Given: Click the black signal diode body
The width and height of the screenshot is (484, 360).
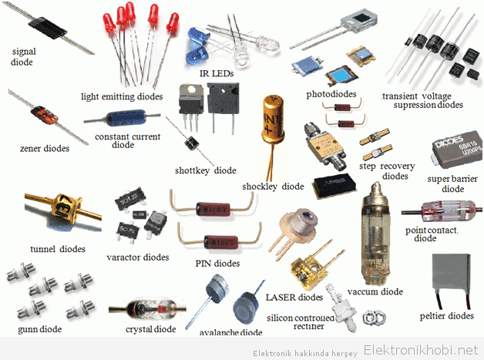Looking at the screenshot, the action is pos(48,28).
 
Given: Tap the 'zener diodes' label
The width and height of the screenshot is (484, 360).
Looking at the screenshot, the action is pos(45,149).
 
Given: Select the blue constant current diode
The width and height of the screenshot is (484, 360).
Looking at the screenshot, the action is pos(126,118).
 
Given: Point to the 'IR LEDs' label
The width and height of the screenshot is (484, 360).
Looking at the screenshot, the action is pos(217,73).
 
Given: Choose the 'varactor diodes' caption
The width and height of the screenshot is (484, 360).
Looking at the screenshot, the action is pos(138,257).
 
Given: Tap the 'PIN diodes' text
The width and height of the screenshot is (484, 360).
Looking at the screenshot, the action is pos(217,264).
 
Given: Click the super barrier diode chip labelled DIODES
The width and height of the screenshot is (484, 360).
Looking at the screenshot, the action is pos(458,149).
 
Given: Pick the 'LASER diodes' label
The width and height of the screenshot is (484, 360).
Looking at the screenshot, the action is pos(294,298).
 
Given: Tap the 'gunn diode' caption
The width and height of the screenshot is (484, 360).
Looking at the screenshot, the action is pos(40,329).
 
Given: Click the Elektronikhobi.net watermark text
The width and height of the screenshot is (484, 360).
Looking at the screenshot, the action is pos(421,350).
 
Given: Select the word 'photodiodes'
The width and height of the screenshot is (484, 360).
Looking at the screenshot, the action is pos(331,94).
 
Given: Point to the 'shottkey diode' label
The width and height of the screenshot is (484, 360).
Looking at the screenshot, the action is pos(206,170).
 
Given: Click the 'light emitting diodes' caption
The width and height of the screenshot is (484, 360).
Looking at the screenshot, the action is pos(122,96).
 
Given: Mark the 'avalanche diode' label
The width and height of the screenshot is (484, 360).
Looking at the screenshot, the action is pos(231,332).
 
